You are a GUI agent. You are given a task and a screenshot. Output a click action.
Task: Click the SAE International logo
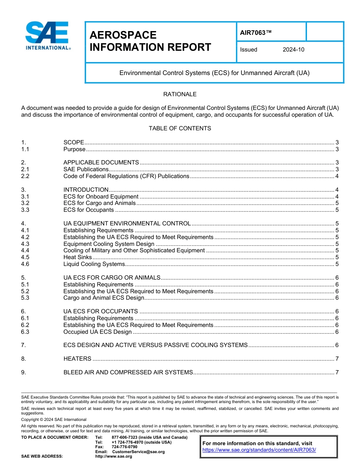(47, 36)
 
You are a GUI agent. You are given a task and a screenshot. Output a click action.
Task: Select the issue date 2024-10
(293, 50)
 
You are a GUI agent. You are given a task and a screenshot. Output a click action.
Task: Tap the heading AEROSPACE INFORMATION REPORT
(150, 41)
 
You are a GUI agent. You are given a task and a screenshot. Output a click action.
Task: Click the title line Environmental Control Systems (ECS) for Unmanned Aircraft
(214, 73)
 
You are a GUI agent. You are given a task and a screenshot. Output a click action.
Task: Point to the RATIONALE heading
(180, 94)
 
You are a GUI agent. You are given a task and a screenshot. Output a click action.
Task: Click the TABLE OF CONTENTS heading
(180, 128)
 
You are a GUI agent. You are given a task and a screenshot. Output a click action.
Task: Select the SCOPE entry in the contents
(74, 142)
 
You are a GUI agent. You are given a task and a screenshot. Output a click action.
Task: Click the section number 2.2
(25, 176)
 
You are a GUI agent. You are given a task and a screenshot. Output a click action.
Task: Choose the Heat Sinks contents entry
(77, 257)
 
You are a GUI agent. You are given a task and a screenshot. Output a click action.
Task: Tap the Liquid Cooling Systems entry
(94, 264)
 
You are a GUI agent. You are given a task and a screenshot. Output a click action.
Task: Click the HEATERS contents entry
(77, 359)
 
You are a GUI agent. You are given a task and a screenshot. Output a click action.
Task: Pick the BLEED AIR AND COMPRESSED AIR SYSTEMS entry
(128, 372)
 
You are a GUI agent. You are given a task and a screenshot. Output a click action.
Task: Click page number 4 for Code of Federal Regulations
(337, 176)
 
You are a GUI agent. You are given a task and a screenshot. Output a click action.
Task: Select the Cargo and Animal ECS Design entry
(103, 298)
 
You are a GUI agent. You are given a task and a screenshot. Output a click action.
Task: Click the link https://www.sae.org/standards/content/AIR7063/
(259, 450)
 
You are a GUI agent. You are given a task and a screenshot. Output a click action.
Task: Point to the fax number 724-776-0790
(124, 447)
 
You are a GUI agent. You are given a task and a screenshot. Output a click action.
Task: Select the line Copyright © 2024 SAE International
(54, 419)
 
